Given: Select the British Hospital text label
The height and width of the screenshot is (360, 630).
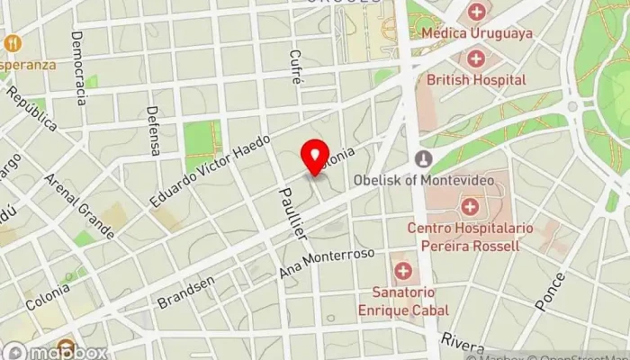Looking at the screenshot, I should pyautogui.click(x=476, y=80).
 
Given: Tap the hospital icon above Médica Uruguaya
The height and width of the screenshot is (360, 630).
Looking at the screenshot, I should pyautogui.click(x=476, y=13).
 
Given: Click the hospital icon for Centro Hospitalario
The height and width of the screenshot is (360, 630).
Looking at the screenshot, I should pyautogui.click(x=469, y=208).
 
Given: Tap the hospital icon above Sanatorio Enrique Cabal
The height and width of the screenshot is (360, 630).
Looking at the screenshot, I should pyautogui.click(x=402, y=271).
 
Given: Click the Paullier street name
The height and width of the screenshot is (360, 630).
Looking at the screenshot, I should pyautogui.click(x=294, y=213).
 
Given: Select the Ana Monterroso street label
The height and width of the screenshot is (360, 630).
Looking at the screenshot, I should pyautogui.click(x=328, y=265).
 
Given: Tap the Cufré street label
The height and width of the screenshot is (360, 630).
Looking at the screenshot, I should pyautogui.click(x=294, y=67).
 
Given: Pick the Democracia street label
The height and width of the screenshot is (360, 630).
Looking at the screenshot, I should pyautogui.click(x=78, y=67).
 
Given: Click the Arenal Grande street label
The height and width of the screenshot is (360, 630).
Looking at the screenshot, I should pyautogui.click(x=79, y=206).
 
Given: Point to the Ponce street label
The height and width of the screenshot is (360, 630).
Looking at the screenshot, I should pyautogui.click(x=550, y=291).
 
